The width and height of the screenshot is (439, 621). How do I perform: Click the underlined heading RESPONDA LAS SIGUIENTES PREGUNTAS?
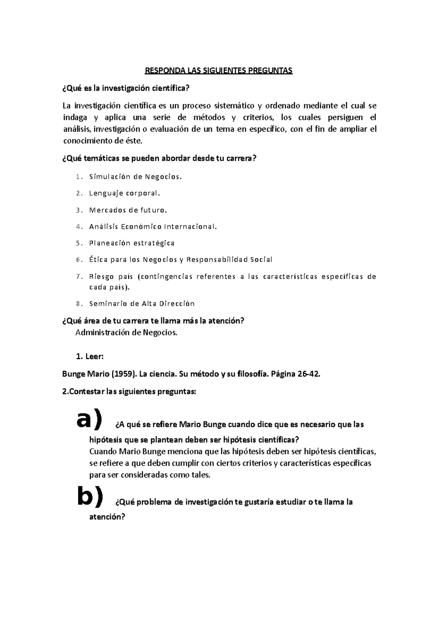(x=219, y=71)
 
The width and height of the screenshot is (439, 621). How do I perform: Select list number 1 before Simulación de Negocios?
(x=78, y=177)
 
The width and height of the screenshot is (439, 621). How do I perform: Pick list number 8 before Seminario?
(x=78, y=304)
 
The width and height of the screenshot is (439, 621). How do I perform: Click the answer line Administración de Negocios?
(x=126, y=332)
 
